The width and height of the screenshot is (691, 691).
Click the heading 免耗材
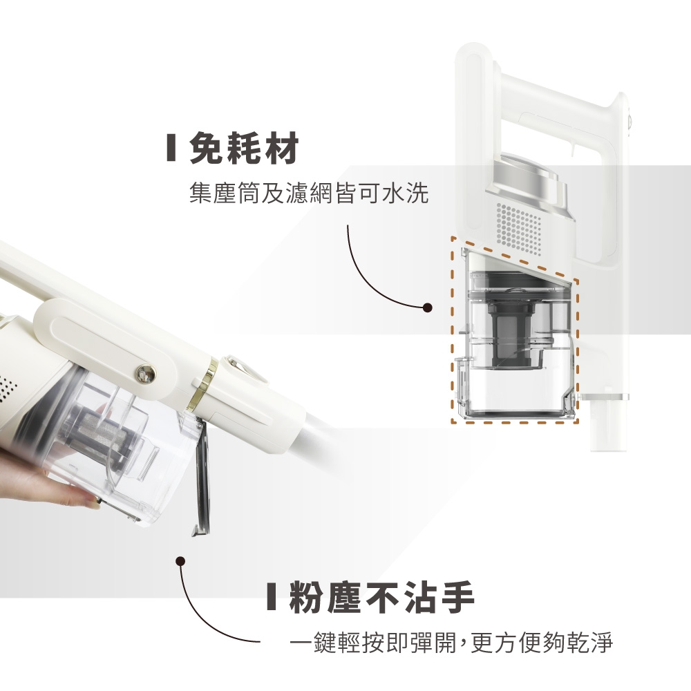244,148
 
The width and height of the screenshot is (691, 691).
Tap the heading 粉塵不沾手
381,597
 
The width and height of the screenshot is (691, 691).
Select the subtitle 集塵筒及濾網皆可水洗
308,193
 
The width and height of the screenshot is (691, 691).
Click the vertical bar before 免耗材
171,148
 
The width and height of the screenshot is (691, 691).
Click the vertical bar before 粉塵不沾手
272,597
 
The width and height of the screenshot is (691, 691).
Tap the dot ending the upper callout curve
426,307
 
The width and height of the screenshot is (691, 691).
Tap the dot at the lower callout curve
180,561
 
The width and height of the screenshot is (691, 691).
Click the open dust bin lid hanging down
201,477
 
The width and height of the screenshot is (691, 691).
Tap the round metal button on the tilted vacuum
145,374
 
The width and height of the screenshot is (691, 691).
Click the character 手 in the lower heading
455,597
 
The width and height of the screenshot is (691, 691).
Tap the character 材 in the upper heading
281,148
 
